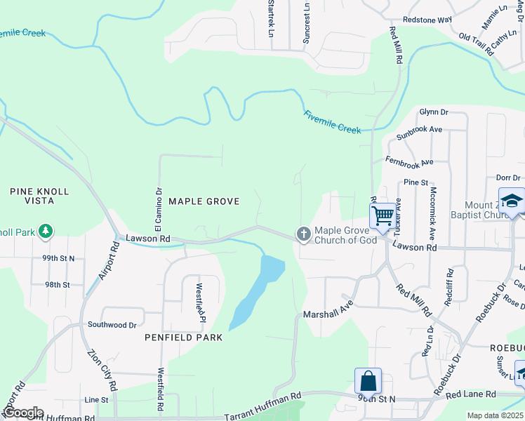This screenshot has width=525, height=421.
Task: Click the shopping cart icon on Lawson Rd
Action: (x=383, y=215)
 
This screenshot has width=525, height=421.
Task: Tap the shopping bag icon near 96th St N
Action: (x=368, y=382)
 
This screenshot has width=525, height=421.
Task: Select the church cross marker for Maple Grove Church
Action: (x=303, y=234)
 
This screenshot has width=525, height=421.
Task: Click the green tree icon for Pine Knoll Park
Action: (x=46, y=230)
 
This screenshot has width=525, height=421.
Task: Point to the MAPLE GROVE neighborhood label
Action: (x=204, y=201)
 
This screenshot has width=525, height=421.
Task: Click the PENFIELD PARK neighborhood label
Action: (x=184, y=338)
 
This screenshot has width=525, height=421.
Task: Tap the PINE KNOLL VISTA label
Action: (x=39, y=196)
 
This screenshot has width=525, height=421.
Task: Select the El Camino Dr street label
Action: (x=159, y=207)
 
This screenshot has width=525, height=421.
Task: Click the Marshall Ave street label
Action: (x=326, y=314)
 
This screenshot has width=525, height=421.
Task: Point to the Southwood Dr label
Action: (x=112, y=325)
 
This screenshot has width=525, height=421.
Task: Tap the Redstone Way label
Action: (x=427, y=20)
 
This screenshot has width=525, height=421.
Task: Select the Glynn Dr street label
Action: (x=433, y=112)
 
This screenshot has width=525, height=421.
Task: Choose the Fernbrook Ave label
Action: (x=409, y=161)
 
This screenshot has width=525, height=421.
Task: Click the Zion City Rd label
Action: (x=102, y=370)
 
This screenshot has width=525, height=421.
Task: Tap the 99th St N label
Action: (x=58, y=258)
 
